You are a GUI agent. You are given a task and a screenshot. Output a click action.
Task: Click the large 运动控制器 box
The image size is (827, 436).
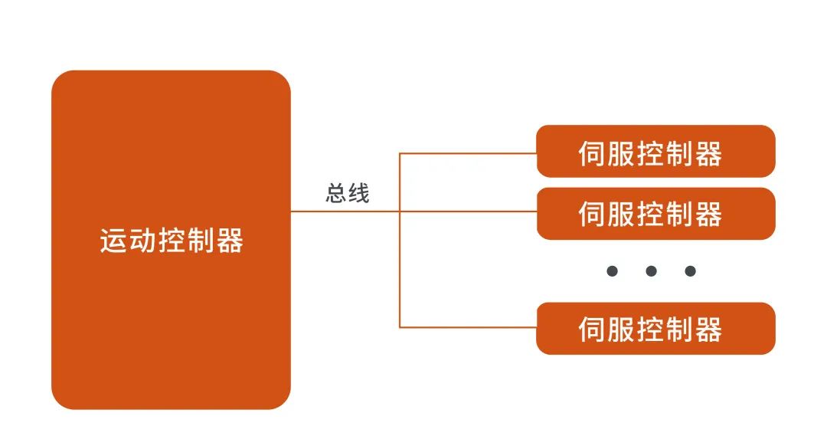pos(171,240)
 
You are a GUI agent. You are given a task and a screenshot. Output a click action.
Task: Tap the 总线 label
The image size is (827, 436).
pos(348,193)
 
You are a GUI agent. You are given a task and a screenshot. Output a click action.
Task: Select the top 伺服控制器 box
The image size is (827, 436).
pos(655,151)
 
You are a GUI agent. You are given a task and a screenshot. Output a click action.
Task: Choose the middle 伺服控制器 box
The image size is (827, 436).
pos(655,214)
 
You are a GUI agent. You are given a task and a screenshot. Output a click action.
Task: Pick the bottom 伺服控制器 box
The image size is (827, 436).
pos(655,328)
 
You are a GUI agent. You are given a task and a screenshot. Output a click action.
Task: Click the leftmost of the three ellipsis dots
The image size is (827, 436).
pos(612,271)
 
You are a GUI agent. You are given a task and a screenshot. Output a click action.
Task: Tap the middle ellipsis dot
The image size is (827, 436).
pos(652,271)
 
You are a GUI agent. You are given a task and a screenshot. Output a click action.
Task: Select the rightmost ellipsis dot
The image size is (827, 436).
pos(691,271)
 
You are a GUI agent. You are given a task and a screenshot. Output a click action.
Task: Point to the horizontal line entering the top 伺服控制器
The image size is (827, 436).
pos(468,153)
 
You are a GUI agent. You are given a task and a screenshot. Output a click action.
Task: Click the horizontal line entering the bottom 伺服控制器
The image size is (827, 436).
pos(468,327)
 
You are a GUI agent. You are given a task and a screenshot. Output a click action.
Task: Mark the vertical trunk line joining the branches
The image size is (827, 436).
pos(400,240)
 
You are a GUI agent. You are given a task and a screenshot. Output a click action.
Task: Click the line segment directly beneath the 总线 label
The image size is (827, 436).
pos(345,211)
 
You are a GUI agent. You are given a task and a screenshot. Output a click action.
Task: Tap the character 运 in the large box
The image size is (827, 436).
pos(113,241)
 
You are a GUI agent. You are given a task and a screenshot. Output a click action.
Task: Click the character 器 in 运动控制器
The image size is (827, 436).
pos(230,241)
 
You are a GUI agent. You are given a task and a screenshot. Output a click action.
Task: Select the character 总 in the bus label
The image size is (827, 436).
pos(336,193)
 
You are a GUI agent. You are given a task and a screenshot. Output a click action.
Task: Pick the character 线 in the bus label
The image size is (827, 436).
pos(359,193)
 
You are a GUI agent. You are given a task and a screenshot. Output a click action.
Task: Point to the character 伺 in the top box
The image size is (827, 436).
pos(592,154)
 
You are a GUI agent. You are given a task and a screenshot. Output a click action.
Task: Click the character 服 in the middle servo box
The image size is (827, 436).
pos(621,215)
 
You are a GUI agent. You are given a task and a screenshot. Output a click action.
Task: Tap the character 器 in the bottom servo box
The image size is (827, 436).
pos(708,329)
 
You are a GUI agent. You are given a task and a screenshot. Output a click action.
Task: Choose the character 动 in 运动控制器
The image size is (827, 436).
pos(142,241)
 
